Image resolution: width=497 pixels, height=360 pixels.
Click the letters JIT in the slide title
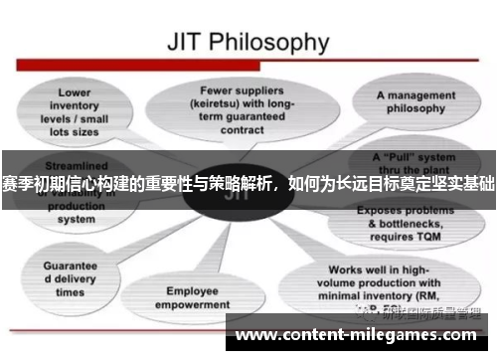188,43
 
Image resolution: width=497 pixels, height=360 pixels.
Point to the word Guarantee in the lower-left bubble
70,266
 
